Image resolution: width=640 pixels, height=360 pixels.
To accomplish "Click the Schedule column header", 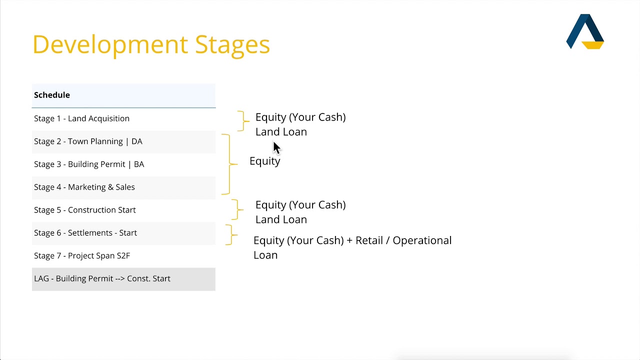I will pos(52,95).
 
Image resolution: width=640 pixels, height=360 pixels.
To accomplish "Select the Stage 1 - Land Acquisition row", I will pos(81,118).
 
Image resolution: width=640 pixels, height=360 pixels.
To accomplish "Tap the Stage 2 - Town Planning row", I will pos(88,141).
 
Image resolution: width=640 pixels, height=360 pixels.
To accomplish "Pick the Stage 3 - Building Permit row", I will pos(89,164).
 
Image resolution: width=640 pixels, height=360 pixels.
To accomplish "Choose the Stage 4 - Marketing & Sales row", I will pos(84,187).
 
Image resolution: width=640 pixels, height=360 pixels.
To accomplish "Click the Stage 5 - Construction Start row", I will pos(84,210).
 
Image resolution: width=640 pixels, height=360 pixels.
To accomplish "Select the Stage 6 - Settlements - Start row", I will pos(85,233).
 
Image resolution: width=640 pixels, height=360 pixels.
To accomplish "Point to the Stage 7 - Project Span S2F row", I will pos(81,255).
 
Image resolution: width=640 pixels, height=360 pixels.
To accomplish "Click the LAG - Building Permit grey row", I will pos(102,278).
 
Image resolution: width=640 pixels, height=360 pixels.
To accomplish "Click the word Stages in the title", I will pos(232,44).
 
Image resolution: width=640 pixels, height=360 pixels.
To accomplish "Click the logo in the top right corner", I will pos(585,31).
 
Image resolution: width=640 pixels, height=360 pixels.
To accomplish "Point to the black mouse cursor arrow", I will pos(276,148).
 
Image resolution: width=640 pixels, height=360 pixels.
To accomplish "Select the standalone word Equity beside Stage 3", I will pos(264,161).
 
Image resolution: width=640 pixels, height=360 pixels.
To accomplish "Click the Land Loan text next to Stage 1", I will pos(281,132).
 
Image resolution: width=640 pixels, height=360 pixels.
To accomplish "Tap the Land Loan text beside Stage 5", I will pos(281,219).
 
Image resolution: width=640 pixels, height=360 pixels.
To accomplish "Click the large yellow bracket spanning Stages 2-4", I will pos(229,164).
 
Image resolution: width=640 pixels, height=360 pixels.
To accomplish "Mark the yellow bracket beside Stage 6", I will pos(230,234).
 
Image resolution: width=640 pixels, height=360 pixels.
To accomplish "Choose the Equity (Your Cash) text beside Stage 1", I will pos(300,117).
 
